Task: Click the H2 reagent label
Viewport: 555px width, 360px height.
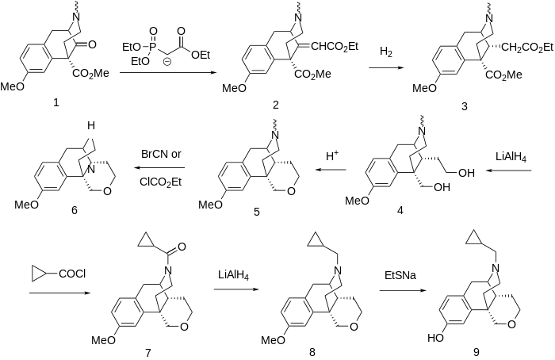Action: pos(386,52)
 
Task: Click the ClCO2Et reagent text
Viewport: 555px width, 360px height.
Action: pos(160,181)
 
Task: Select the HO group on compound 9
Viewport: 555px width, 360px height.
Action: pos(433,337)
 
